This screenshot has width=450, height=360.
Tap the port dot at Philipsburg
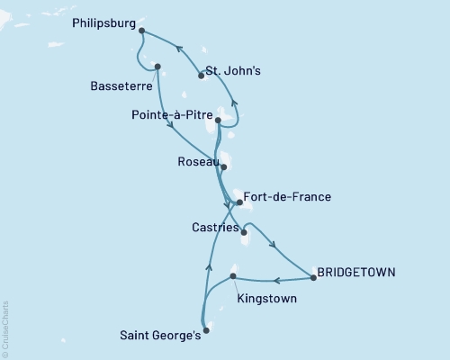142,30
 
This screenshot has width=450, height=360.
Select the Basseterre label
121,87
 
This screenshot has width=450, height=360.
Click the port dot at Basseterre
158,66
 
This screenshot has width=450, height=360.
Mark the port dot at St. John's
201,76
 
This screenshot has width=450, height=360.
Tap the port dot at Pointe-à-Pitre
218,120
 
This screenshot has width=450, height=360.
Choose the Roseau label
197,164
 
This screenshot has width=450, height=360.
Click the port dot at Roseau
224,166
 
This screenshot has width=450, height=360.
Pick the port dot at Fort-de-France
238,202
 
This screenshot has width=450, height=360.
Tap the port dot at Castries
244,231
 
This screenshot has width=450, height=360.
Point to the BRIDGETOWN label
356,271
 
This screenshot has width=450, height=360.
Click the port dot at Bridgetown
312,278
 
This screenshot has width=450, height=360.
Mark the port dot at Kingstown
233,275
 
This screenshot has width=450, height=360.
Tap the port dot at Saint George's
206,330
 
